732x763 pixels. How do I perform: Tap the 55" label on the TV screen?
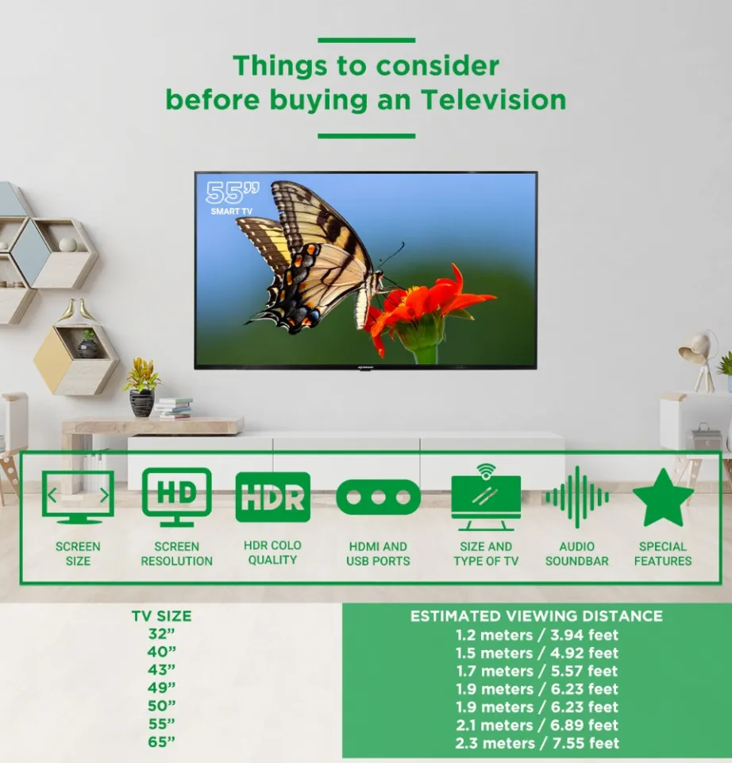click(222, 193)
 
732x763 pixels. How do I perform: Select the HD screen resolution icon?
click(176, 497)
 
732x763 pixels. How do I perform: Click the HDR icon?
click(272, 498)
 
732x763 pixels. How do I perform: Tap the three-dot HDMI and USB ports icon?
click(378, 498)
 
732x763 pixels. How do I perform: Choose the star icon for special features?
click(662, 498)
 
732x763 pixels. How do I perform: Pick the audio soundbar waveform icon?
click(577, 498)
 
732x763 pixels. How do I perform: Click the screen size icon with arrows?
click(78, 498)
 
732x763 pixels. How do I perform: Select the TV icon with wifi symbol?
click(486, 498)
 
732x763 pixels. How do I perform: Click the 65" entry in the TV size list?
click(161, 742)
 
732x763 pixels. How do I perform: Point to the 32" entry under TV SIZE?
click(161, 634)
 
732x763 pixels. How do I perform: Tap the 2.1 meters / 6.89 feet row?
click(537, 725)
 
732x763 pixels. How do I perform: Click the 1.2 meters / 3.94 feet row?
click(537, 635)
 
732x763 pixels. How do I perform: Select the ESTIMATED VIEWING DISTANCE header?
click(537, 616)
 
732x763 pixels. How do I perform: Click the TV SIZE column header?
click(161, 616)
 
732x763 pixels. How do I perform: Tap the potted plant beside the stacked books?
click(141, 385)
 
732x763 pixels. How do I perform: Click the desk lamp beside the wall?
click(698, 358)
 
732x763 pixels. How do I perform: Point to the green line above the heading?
click(366, 40)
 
